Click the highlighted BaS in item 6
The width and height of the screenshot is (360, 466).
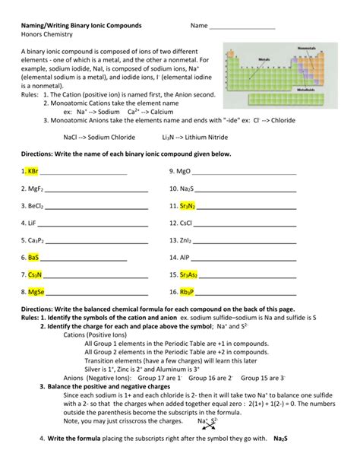pyautogui.click(x=33, y=257)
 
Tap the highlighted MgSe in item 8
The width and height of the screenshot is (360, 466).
pyautogui.click(x=36, y=292)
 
